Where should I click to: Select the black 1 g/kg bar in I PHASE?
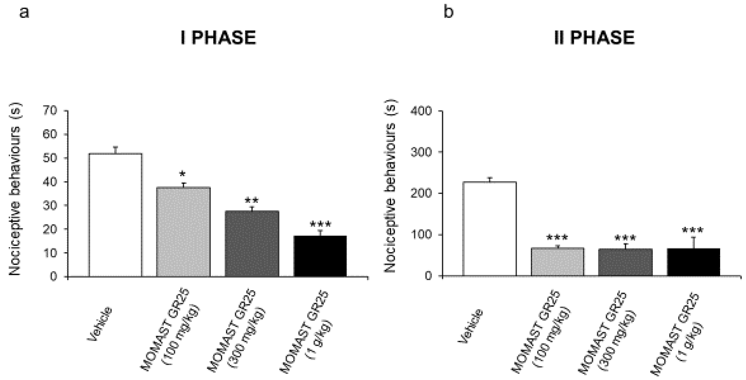tap(320, 256)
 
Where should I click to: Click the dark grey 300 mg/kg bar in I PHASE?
tap(252, 244)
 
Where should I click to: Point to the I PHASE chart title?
tap(219, 38)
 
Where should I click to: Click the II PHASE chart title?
tap(594, 38)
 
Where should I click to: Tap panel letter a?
tap(24, 12)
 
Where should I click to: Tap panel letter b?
tap(449, 12)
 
